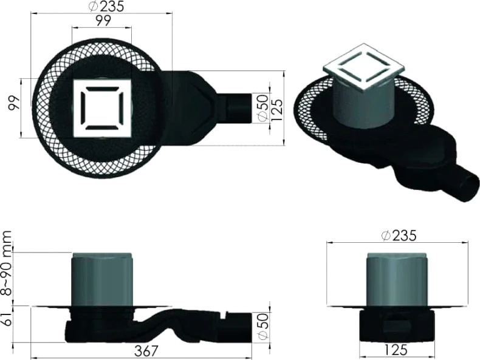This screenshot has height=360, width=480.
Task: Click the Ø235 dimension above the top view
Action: [x=106, y=6]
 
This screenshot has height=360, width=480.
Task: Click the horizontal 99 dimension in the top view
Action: [x=103, y=21]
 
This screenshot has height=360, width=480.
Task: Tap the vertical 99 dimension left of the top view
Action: [x=15, y=103]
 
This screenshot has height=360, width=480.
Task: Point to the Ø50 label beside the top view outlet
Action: [x=263, y=109]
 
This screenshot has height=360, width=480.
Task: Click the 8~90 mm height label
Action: [x=7, y=263]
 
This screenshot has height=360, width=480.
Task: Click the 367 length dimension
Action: [x=146, y=351]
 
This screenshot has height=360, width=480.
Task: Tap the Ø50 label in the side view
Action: [x=263, y=326]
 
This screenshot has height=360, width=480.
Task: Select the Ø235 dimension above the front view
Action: [x=399, y=236]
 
